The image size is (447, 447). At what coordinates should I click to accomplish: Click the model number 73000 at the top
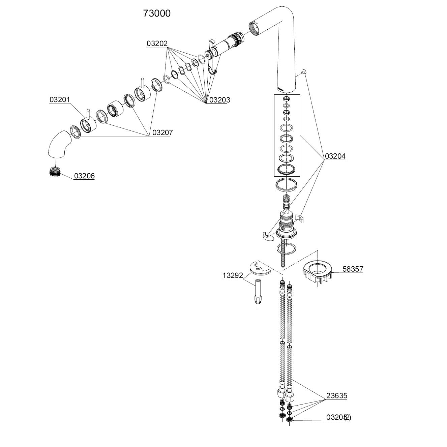click(x=157, y=13)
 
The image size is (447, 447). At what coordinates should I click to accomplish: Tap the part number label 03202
click(x=157, y=43)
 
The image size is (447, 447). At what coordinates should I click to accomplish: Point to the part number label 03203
click(x=219, y=100)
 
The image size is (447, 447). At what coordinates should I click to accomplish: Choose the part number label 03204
click(x=335, y=156)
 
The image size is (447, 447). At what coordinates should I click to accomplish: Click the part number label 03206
click(x=84, y=176)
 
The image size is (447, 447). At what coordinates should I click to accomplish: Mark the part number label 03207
click(x=162, y=132)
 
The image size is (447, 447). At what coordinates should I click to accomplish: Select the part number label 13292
click(x=233, y=275)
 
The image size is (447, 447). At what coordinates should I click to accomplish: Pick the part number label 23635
click(x=336, y=396)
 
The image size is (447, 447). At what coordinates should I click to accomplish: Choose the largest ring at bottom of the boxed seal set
click(x=286, y=170)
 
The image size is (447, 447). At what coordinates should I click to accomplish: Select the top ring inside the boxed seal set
click(x=286, y=99)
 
